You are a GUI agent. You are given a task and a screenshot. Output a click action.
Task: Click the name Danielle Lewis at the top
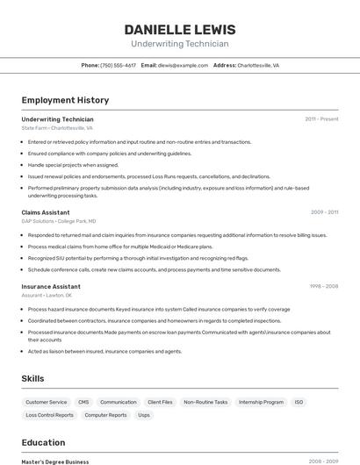pyautogui.click(x=180, y=30)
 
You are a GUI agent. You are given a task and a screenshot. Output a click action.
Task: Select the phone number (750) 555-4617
pyautogui.click(x=118, y=65)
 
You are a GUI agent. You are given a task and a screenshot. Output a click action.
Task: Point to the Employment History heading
pyautogui.click(x=65, y=100)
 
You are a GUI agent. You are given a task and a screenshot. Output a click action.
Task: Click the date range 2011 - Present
pyautogui.click(x=321, y=118)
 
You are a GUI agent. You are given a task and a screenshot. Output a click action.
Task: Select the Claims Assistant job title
pyautogui.click(x=46, y=212)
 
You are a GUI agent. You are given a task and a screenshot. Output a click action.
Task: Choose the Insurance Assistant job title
pyautogui.click(x=51, y=286)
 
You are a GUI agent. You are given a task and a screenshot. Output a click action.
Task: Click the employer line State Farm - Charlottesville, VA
pyautogui.click(x=57, y=128)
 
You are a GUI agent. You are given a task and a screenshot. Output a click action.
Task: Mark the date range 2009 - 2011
pyautogui.click(x=324, y=212)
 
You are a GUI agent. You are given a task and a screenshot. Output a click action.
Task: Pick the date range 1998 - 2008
pyautogui.click(x=324, y=286)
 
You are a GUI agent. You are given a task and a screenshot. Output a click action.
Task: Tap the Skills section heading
pyautogui.click(x=33, y=378)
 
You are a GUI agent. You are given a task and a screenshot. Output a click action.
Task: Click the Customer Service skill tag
pyautogui.click(x=47, y=402)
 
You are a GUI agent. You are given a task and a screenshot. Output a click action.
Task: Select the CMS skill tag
pyautogui.click(x=83, y=402)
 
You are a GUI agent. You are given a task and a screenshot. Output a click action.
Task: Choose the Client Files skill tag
pyautogui.click(x=160, y=402)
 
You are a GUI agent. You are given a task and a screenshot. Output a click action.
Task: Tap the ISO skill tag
pyautogui.click(x=299, y=402)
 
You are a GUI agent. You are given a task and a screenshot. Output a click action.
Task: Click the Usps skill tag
pyautogui.click(x=144, y=415)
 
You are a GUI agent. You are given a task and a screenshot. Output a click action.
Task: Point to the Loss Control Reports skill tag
pyautogui.click(x=50, y=415)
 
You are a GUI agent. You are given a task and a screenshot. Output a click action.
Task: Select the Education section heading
pyautogui.click(x=44, y=442)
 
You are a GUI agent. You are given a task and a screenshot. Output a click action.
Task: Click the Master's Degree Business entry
pyautogui.click(x=55, y=461)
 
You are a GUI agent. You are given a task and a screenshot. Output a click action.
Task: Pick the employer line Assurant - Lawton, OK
pyautogui.click(x=47, y=296)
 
